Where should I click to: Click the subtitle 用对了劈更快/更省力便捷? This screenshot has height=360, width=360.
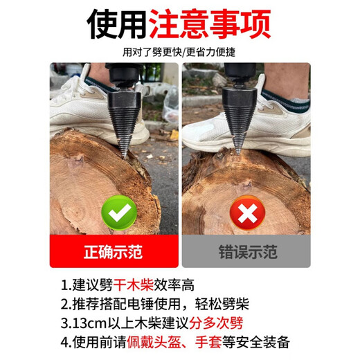coord(179,52)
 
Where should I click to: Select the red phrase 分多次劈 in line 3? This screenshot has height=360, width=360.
coord(224,323)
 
